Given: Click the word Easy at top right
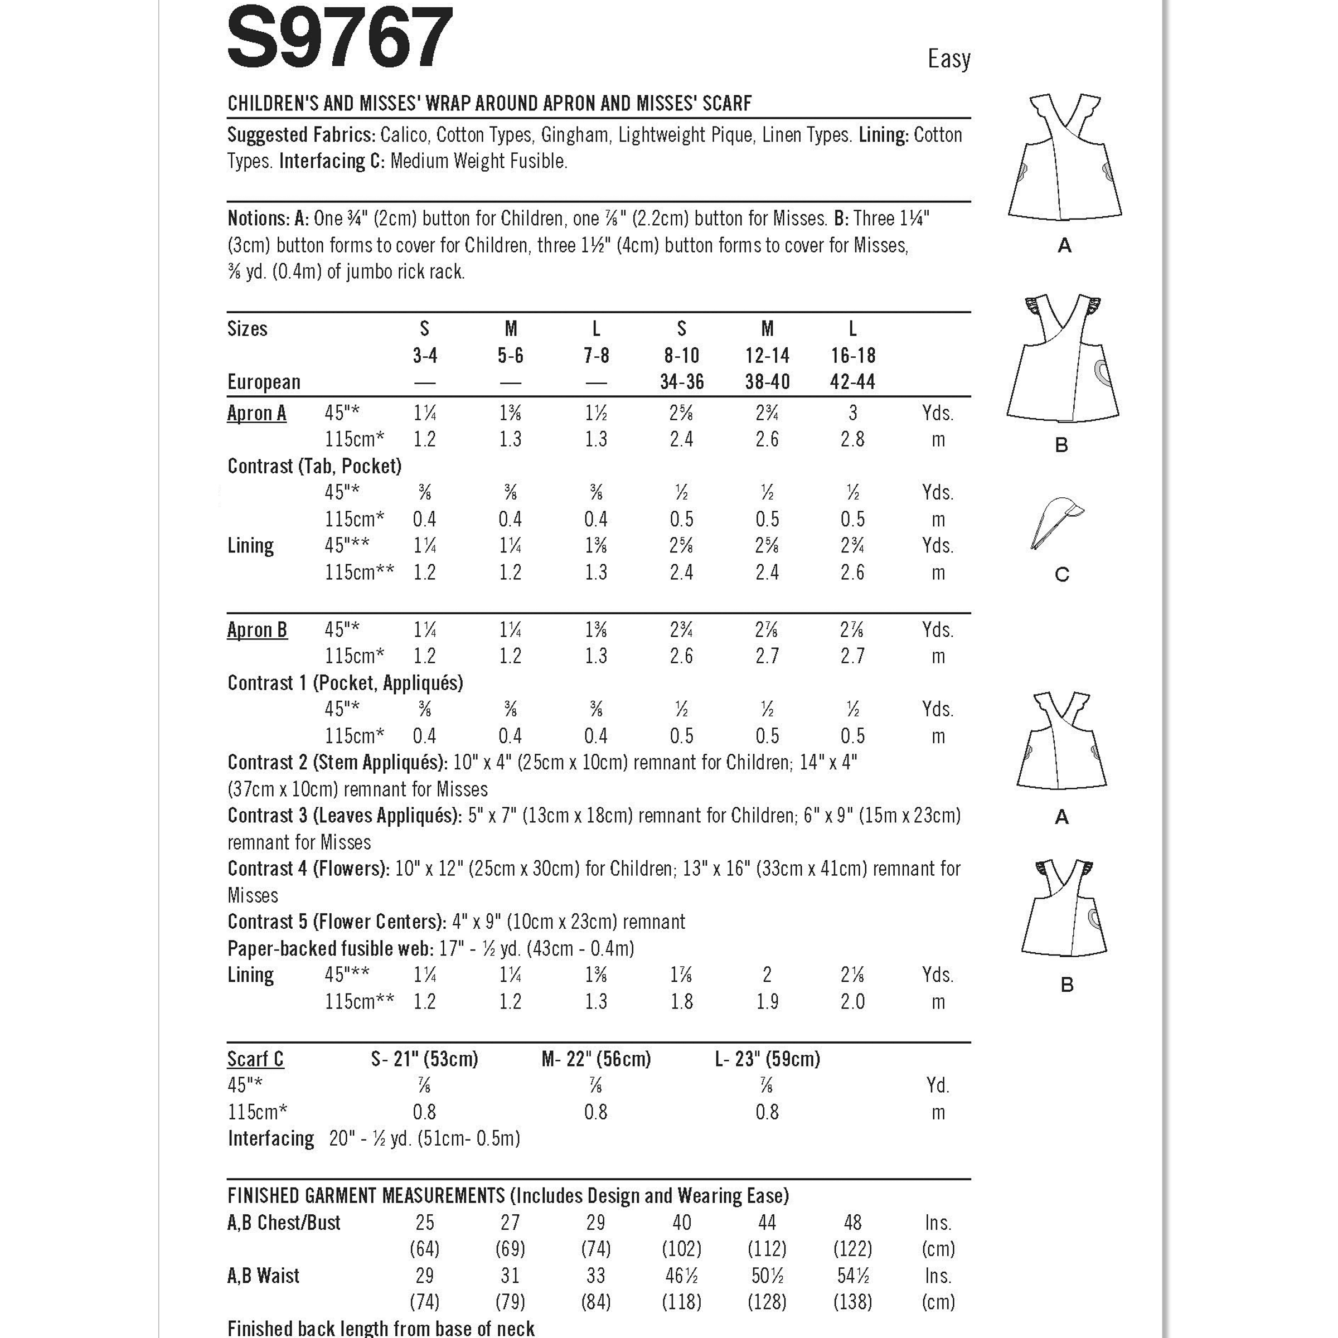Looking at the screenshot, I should pos(949,59).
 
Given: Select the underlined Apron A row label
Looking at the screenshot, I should pos(256,414).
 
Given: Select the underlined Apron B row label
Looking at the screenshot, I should pos(257,630).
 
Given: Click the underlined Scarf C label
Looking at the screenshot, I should pos(255,1060).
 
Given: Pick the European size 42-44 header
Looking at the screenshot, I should pos(852,382).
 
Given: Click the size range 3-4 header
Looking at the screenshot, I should pos(424,356).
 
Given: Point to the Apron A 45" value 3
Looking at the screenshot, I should pos(852,414).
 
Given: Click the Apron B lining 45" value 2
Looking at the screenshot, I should pos(767,975).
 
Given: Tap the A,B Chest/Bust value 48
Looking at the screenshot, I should pos(852,1223).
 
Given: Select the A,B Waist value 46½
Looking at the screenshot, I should pos(681,1276).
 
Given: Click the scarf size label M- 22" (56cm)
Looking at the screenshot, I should pos(597,1060).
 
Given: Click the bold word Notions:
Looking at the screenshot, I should pos(258,219).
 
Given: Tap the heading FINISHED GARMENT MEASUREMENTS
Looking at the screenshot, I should pos(366,1196).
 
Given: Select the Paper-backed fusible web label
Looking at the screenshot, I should pos(331,949).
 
